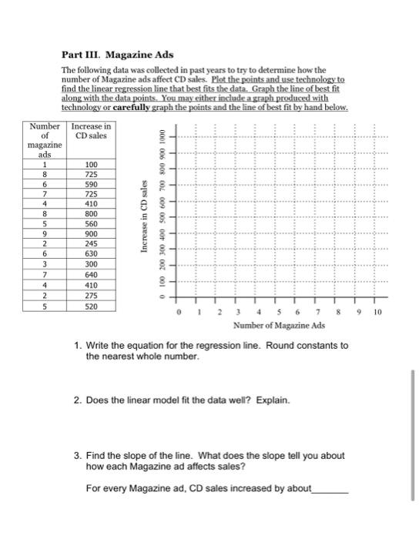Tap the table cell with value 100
(92, 164)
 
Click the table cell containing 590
(92, 185)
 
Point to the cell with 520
(92, 306)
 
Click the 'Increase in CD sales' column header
(92, 131)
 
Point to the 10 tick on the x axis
(377, 314)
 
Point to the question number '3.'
(79, 456)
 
